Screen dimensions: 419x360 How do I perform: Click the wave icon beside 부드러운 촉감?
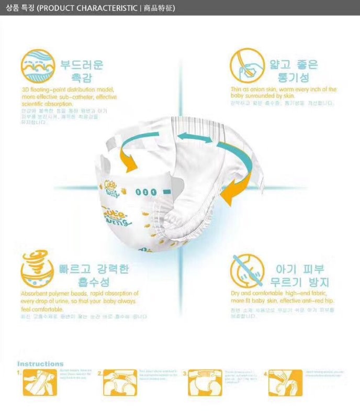tap(37, 67)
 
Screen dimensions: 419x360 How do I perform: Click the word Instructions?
tap(40, 363)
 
